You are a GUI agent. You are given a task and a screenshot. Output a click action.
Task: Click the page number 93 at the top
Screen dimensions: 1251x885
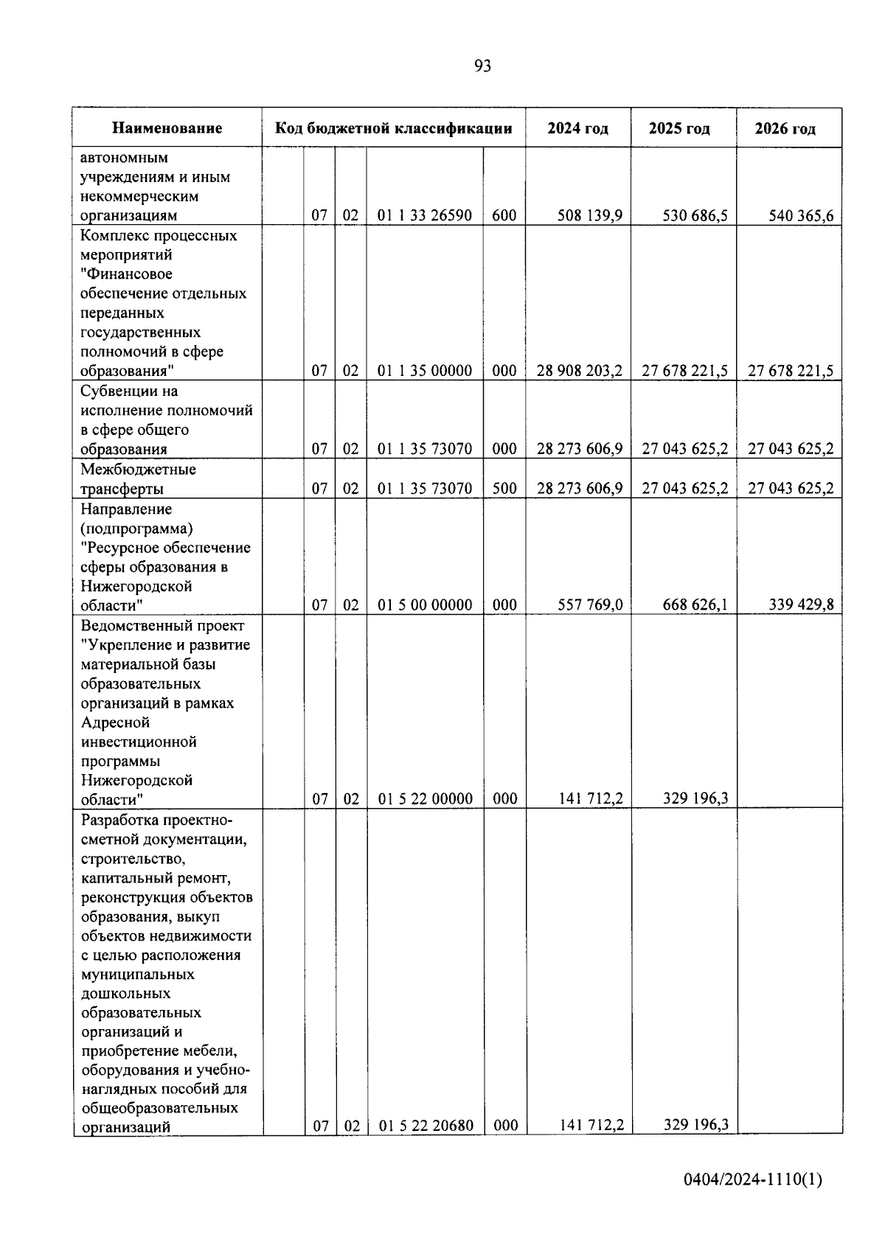(x=482, y=66)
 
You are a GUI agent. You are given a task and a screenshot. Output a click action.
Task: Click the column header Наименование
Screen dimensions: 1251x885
(x=167, y=128)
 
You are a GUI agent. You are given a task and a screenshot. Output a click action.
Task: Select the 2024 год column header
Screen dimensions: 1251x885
(x=577, y=128)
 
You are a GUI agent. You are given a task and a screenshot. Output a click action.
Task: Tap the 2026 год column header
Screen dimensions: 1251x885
(x=785, y=129)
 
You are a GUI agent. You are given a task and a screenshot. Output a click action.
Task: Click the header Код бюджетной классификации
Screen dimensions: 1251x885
(x=393, y=128)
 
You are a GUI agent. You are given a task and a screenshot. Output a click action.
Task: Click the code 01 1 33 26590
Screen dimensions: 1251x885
(x=425, y=216)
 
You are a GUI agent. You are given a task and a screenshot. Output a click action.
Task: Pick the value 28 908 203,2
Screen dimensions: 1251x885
(x=579, y=371)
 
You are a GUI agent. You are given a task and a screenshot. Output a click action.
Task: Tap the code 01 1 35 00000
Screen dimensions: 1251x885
(x=425, y=371)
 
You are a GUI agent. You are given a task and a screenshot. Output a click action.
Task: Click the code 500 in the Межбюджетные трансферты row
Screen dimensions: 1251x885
(x=504, y=488)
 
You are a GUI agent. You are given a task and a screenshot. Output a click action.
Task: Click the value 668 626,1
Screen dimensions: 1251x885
(x=695, y=604)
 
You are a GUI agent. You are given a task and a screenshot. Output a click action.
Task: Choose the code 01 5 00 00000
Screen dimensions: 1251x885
(x=425, y=605)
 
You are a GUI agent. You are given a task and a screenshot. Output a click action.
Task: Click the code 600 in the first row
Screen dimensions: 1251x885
(x=504, y=216)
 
